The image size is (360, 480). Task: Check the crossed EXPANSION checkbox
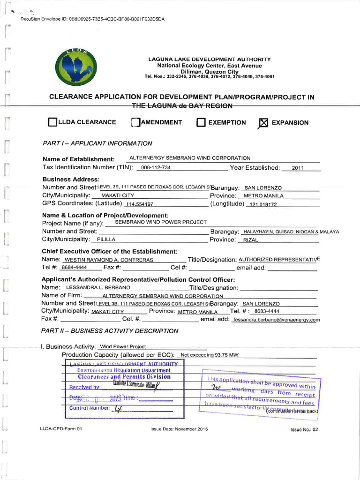coord(263,123)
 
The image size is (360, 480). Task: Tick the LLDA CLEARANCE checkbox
coord(52,123)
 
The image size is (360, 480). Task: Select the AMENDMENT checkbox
coord(135,123)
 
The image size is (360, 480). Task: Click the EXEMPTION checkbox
coord(201,123)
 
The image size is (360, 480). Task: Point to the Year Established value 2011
coord(298,168)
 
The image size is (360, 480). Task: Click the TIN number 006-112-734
coord(156,168)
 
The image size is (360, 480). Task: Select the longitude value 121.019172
coord(264,205)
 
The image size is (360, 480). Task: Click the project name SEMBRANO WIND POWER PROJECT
coord(161,222)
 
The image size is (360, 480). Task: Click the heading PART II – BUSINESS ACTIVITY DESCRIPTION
coord(110,331)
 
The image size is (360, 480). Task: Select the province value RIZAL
coord(251,240)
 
